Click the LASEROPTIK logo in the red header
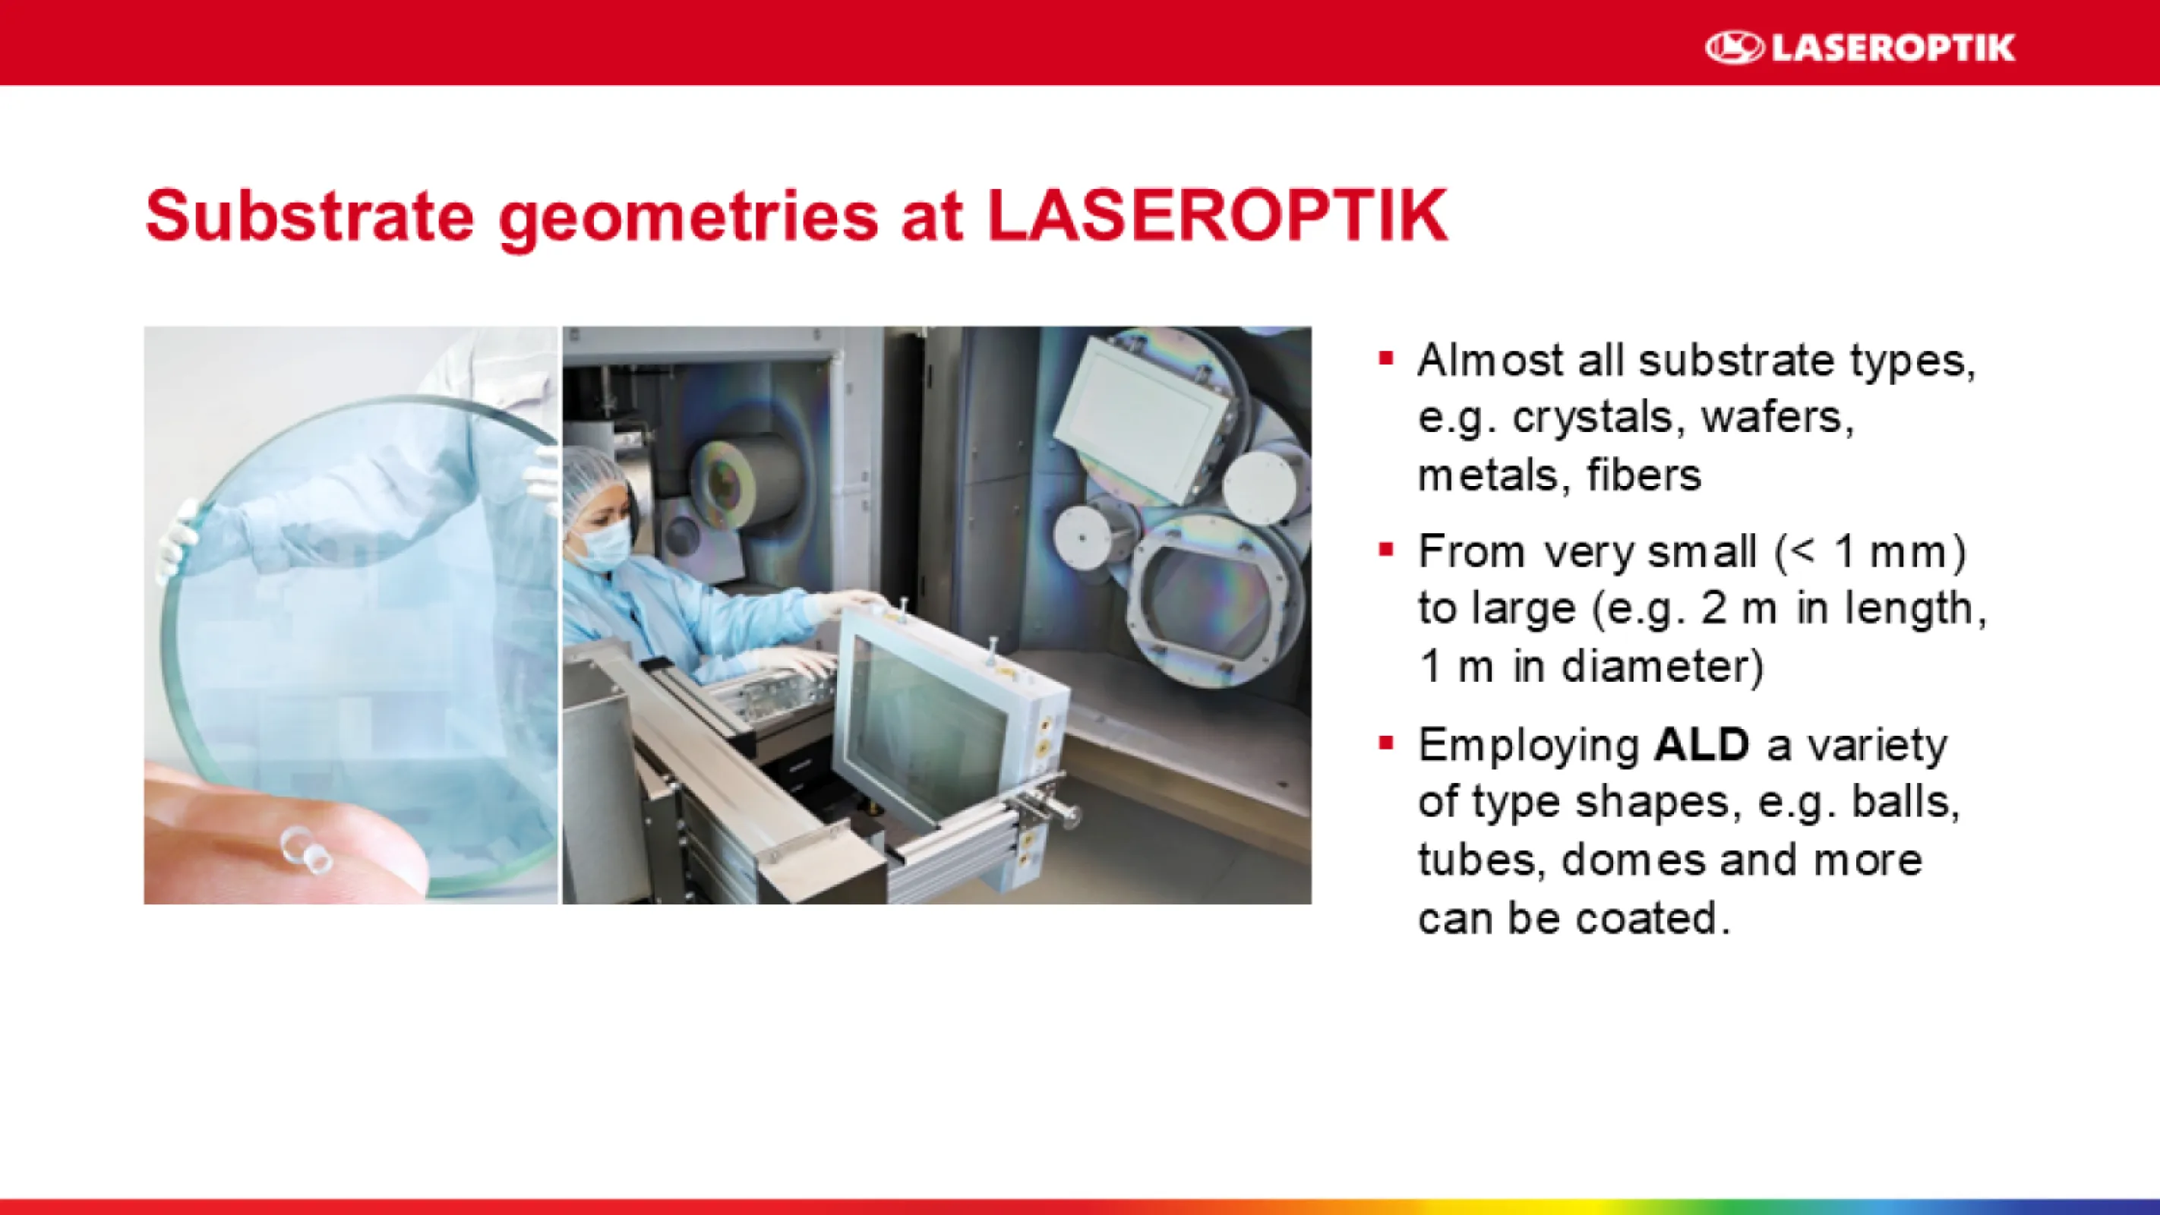tap(1860, 47)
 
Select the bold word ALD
tap(1701, 745)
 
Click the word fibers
tap(1644, 475)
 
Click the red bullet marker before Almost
tap(1386, 360)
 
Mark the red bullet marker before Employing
tap(1386, 743)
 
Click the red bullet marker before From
tap(1386, 551)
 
